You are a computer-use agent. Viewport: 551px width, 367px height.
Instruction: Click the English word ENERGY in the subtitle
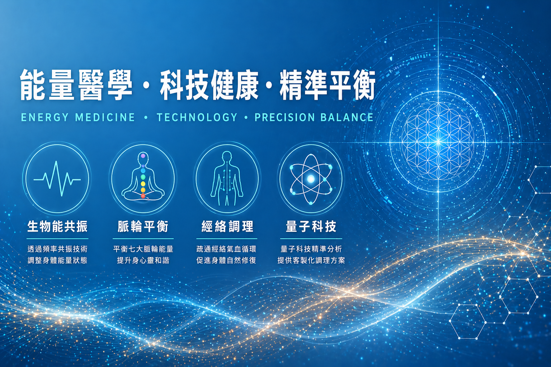[45, 117]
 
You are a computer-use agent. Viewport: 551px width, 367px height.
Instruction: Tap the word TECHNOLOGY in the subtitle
[197, 117]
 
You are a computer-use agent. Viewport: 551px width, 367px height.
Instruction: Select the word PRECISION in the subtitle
[284, 117]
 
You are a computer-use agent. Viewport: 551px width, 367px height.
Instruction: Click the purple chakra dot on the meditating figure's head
[143, 156]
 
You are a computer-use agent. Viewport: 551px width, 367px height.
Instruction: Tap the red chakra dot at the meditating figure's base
[143, 196]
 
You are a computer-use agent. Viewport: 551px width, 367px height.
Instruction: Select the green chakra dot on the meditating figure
[143, 177]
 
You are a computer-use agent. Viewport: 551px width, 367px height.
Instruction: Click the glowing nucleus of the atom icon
[311, 179]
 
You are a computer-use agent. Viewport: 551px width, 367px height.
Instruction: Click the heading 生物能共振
[57, 227]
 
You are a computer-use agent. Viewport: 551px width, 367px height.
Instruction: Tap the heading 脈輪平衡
[143, 227]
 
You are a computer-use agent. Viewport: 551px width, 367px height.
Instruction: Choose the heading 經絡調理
[227, 227]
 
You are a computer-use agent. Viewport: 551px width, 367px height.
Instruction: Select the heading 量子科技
[311, 227]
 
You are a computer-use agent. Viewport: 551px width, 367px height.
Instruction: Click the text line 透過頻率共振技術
[57, 249]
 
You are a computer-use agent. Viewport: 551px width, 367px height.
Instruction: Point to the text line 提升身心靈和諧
[143, 260]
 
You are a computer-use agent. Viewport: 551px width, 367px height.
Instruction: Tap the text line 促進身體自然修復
[226, 260]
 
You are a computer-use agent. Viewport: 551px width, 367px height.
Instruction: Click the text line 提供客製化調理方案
[311, 260]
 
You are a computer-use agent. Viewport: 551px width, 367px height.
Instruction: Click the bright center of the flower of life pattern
[438, 142]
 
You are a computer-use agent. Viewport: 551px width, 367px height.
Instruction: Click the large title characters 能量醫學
[76, 85]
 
